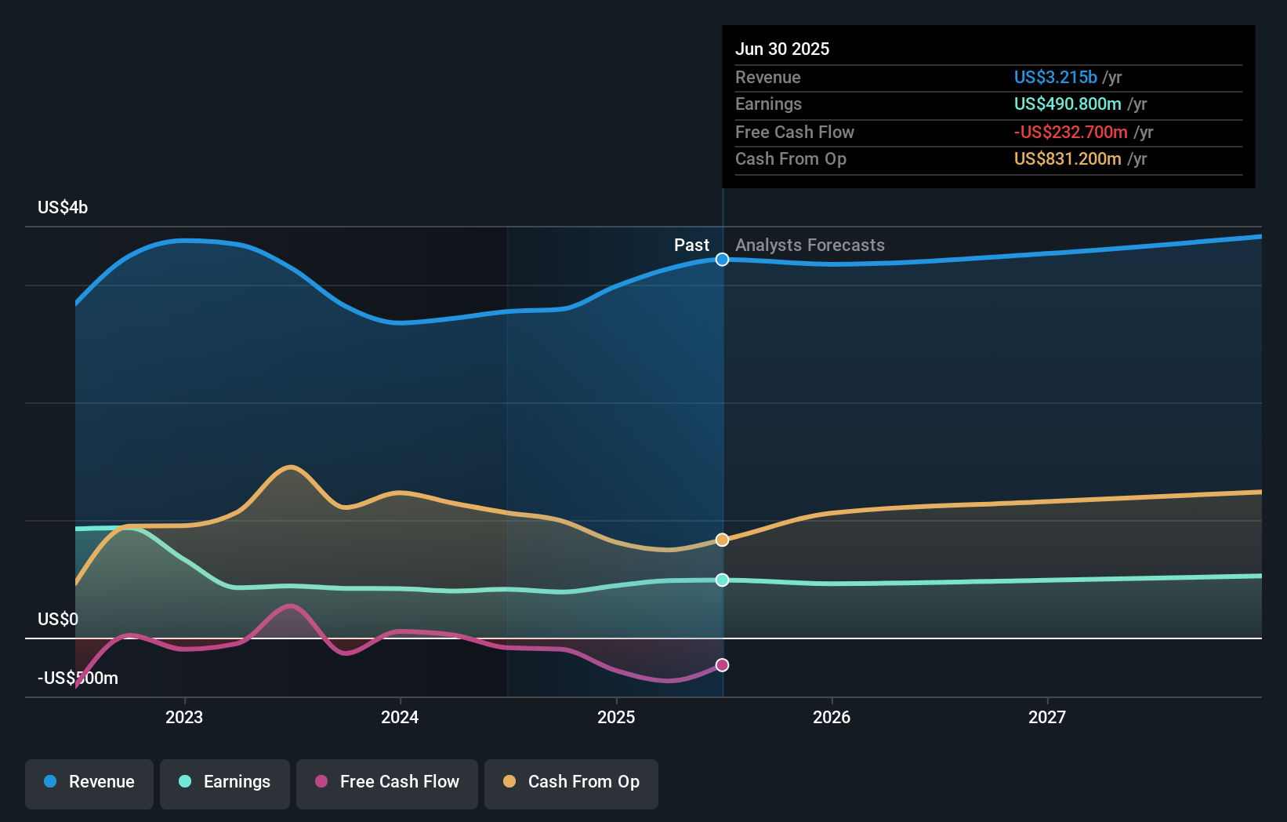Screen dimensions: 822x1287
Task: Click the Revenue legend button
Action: (89, 783)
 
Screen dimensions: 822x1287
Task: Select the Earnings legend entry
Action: (225, 783)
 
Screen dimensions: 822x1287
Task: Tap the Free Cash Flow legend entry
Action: (387, 783)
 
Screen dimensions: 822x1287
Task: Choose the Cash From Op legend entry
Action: (571, 783)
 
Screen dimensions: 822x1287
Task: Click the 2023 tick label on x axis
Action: (184, 717)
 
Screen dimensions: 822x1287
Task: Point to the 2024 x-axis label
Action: (400, 717)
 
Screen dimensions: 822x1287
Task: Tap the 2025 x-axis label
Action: (616, 717)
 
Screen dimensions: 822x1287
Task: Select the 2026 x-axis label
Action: (832, 717)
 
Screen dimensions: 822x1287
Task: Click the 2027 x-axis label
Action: (1047, 717)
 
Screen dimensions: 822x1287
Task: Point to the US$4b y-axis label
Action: (63, 208)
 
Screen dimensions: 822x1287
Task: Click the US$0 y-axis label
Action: (58, 620)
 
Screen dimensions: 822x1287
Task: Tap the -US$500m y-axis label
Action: (78, 678)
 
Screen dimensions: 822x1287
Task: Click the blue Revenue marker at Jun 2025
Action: (722, 260)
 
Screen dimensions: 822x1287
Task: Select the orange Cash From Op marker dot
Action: (722, 540)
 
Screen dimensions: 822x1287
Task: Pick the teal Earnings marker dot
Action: (722, 580)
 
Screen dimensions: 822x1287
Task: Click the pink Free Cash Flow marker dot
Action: (722, 665)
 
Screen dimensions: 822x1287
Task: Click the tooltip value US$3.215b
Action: (1055, 78)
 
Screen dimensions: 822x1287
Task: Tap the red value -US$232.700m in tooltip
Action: (1071, 133)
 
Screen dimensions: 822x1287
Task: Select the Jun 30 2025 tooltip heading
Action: (781, 49)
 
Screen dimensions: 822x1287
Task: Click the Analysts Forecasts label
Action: (810, 246)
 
